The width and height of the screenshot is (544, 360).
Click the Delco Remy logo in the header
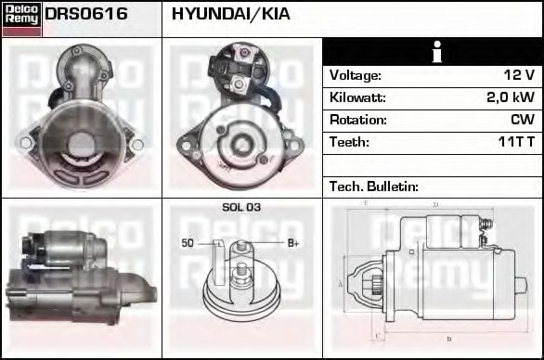coord(21,19)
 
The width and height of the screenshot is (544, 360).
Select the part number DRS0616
coord(86,16)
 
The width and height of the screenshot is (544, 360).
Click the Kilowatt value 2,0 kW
coord(511,97)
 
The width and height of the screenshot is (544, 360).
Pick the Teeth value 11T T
coord(515,142)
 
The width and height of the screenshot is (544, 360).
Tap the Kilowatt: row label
coord(357,97)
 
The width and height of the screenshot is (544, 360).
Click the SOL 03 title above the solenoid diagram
coord(241,208)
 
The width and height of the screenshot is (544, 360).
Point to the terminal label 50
coord(188,243)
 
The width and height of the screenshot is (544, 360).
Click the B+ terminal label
coord(293,243)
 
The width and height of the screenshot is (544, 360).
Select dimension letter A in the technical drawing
coord(341,283)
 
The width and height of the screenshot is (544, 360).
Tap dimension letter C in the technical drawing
coord(375,334)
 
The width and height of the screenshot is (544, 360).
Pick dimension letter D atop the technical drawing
coord(434,204)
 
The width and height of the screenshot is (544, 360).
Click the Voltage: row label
coord(355,75)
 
